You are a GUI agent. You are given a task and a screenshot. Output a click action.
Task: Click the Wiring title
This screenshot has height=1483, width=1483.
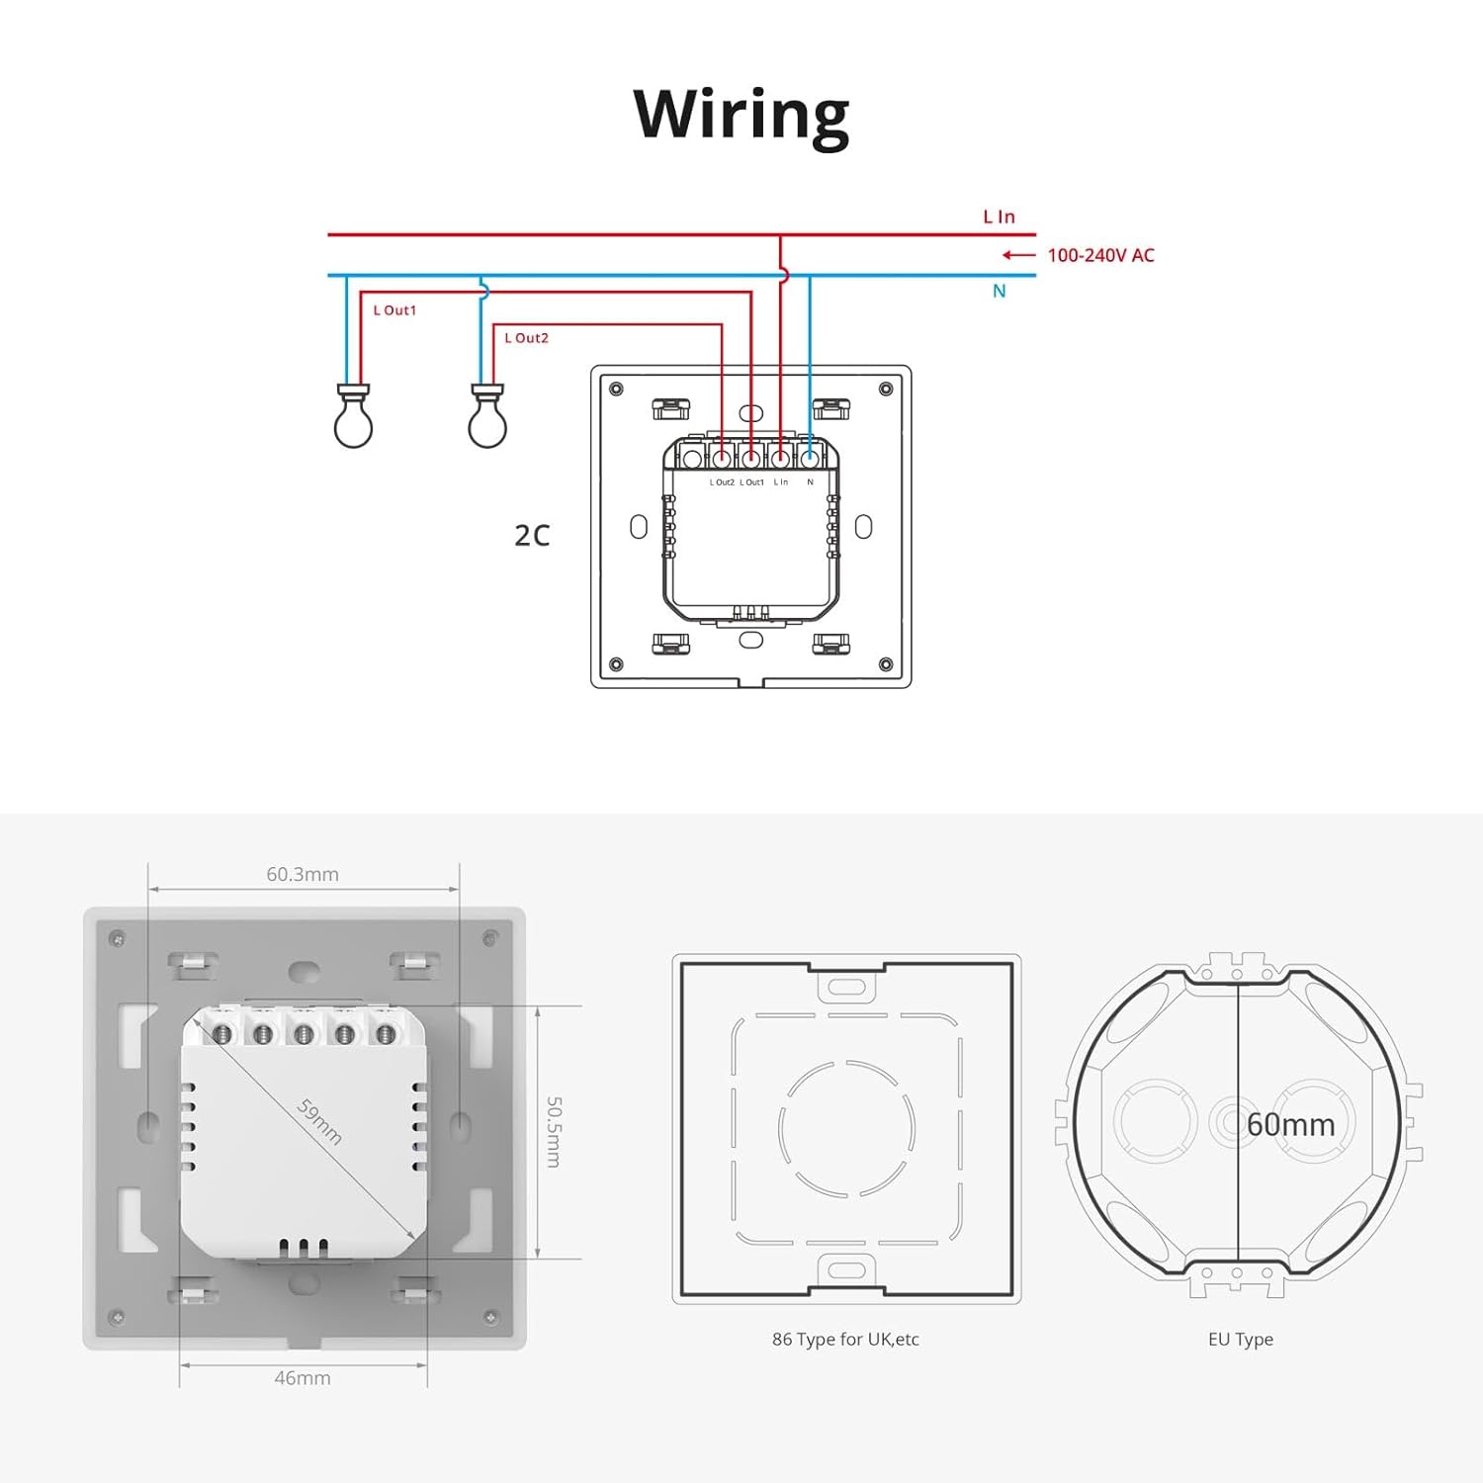click(x=741, y=117)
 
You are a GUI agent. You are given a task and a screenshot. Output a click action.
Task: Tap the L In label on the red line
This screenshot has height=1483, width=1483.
click(x=999, y=217)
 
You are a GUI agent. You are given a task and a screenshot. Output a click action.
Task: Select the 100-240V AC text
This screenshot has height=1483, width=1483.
click(x=1100, y=255)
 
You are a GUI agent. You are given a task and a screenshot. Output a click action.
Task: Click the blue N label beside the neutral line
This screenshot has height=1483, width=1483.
click(x=1000, y=291)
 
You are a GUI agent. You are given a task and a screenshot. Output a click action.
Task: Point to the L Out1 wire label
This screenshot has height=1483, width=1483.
click(x=394, y=310)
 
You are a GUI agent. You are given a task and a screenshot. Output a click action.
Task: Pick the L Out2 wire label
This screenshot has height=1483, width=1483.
click(x=526, y=338)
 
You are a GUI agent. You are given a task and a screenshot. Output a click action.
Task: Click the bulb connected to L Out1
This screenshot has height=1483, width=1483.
click(x=353, y=416)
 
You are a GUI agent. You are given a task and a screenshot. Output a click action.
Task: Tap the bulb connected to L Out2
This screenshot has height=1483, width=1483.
click(x=487, y=416)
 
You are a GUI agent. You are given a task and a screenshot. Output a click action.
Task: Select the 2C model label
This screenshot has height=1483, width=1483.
click(x=532, y=535)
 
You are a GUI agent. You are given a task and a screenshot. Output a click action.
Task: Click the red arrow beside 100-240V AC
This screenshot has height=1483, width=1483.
click(x=1019, y=255)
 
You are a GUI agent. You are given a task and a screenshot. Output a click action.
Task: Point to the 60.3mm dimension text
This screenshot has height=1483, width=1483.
click(x=303, y=874)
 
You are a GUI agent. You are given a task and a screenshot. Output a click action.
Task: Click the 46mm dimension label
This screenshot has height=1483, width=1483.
click(x=303, y=1377)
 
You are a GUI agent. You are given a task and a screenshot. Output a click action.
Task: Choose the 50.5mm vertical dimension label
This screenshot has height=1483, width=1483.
click(x=555, y=1131)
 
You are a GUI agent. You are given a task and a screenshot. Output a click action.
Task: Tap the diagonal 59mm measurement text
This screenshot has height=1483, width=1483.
click(x=320, y=1121)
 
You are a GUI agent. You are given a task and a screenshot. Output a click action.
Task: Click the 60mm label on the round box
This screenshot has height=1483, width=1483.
click(x=1290, y=1124)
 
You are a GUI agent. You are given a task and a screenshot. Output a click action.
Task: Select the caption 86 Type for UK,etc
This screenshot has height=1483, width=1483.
click(x=845, y=1340)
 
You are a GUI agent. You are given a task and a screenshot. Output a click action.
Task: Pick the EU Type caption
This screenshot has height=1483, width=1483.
click(x=1241, y=1340)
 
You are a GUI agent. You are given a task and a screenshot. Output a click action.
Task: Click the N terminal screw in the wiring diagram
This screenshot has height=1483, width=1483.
click(x=810, y=458)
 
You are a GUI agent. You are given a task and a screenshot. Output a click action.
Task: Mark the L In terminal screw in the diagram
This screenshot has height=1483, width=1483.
click(x=781, y=458)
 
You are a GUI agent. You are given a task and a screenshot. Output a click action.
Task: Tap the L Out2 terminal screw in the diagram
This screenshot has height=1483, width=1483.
click(x=722, y=458)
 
